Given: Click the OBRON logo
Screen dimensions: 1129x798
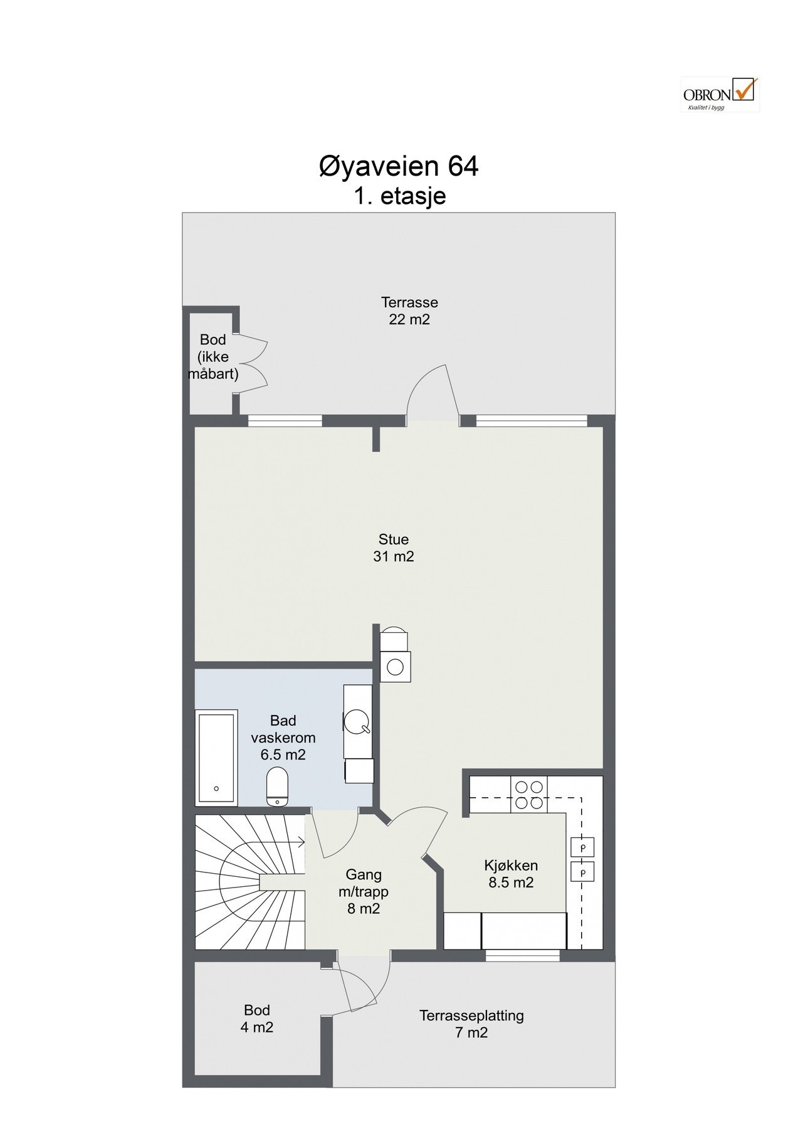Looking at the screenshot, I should click(720, 95).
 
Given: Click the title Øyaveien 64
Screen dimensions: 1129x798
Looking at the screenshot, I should click(399, 167).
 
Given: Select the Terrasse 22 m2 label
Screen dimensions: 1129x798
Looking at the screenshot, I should click(409, 311).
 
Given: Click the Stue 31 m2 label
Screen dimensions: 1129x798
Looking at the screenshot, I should click(394, 548).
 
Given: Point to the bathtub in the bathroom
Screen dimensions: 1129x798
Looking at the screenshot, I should click(217, 758).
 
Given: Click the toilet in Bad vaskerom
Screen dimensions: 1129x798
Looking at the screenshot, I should click(277, 787).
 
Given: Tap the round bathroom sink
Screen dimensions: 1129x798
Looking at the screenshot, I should click(356, 721).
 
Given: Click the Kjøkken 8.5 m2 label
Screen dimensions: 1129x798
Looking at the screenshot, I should click(511, 874).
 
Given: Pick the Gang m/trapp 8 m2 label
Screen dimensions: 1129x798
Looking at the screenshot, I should click(364, 891).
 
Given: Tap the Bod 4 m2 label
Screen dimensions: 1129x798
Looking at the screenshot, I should click(257, 1019).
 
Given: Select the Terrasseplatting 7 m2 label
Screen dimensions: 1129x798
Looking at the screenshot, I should click(471, 1024).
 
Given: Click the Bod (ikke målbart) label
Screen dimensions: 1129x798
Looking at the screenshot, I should click(213, 358).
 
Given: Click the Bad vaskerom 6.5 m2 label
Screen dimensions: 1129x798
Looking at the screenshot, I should click(283, 737).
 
